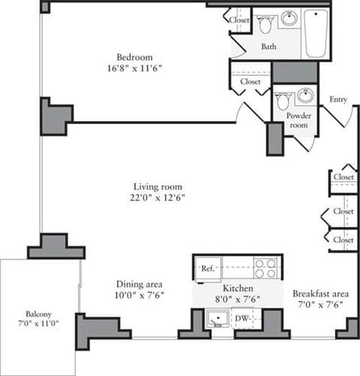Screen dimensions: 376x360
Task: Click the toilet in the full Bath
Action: [x=265, y=25]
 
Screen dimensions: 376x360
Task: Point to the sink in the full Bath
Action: [x=289, y=20]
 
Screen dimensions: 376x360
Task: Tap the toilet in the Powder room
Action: [x=283, y=101]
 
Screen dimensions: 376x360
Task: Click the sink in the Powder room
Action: [x=304, y=96]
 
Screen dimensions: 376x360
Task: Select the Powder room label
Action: [x=298, y=121]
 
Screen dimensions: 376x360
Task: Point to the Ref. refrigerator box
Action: [x=207, y=268]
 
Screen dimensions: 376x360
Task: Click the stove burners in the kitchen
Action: [x=265, y=268]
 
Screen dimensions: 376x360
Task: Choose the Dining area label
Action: [x=140, y=284]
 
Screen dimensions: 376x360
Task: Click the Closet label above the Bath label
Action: [x=239, y=20]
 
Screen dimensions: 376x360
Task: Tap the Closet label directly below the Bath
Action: [x=250, y=81]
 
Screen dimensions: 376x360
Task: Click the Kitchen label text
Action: [x=237, y=289]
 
